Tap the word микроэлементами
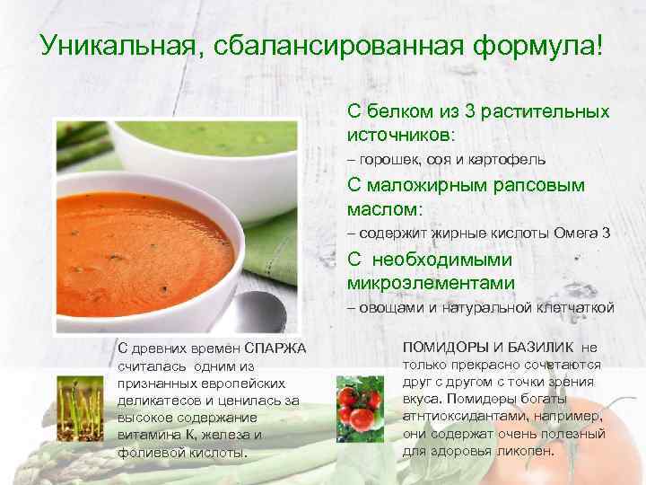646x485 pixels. click(431, 283)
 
